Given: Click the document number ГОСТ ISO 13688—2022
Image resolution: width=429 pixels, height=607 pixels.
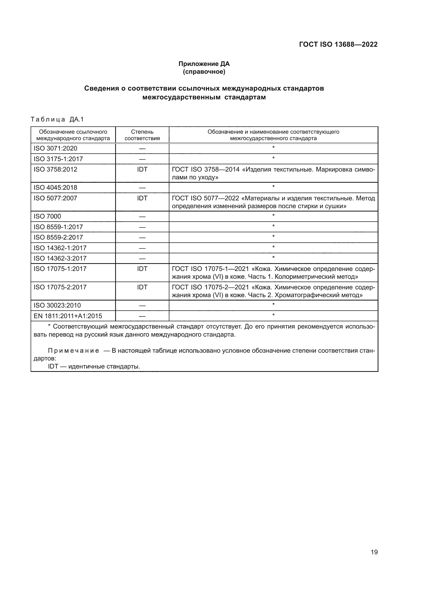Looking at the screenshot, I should click(338, 44).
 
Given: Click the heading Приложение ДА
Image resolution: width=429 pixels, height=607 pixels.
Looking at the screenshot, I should click(204, 64).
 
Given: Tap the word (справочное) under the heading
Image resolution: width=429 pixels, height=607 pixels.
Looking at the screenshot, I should click(204, 72).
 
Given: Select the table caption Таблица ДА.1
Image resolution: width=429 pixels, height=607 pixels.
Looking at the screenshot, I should click(57, 119).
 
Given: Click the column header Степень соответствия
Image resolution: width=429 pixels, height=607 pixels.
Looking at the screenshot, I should click(142, 135).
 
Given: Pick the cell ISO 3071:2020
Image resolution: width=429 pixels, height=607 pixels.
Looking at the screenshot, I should click(56, 148).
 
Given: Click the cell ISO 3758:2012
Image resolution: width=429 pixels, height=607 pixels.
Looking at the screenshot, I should click(56, 169).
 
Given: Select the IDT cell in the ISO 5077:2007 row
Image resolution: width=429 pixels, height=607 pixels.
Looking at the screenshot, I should click(142, 198).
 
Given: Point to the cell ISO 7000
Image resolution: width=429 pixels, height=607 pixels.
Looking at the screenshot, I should click(47, 216).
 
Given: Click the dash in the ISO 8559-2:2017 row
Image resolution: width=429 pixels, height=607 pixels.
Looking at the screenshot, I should click(142, 237).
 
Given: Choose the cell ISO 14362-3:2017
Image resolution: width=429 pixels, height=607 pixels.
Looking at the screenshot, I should click(60, 258).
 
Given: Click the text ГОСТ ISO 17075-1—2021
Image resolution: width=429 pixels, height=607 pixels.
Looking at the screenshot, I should click(210, 269).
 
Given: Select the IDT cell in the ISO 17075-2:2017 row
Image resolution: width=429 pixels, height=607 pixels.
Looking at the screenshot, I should click(142, 287).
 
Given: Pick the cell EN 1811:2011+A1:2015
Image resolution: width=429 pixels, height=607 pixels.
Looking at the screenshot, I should click(68, 316).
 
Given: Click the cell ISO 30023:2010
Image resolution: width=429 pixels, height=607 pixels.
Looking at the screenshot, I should click(57, 305).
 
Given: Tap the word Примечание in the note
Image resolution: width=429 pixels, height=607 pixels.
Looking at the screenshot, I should click(73, 351).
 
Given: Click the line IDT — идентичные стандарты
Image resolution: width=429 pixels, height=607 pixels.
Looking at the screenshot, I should click(94, 366).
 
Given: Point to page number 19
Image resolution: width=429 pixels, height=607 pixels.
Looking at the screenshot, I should click(374, 552).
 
